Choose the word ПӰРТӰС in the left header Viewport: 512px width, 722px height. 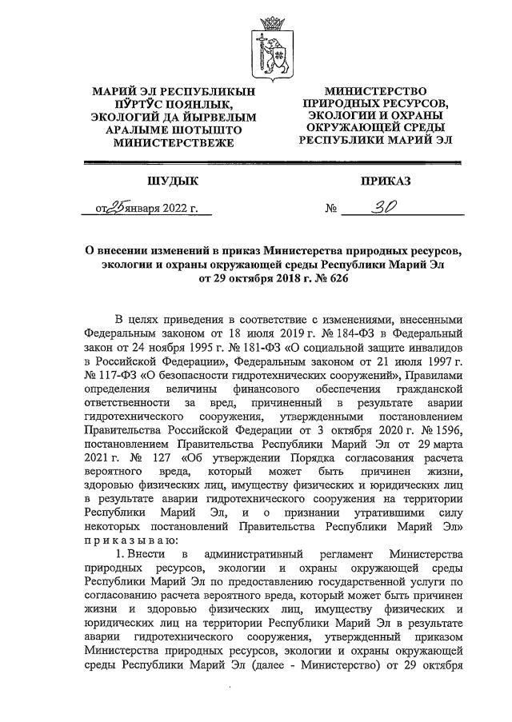coord(133,105)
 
